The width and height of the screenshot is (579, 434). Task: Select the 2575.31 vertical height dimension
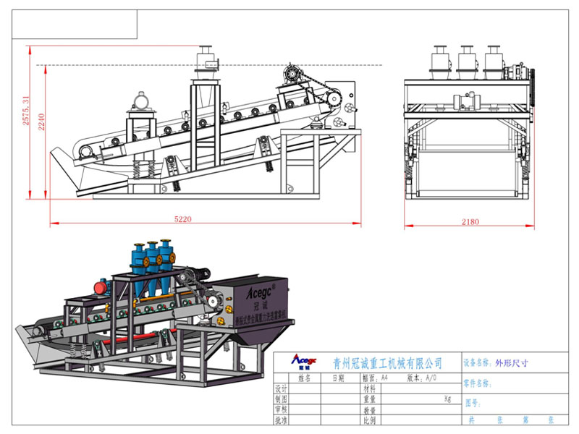click(x=27, y=111)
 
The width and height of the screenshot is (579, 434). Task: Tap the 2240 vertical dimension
click(x=43, y=125)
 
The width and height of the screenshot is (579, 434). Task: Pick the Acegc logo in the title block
click(x=303, y=361)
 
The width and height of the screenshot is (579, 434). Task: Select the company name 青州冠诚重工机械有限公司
click(x=386, y=362)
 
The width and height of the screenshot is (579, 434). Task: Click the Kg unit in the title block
click(x=447, y=399)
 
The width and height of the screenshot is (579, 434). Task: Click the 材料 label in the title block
click(x=368, y=388)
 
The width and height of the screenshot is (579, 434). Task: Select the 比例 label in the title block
click(x=368, y=420)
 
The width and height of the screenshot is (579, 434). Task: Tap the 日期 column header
click(x=339, y=378)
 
